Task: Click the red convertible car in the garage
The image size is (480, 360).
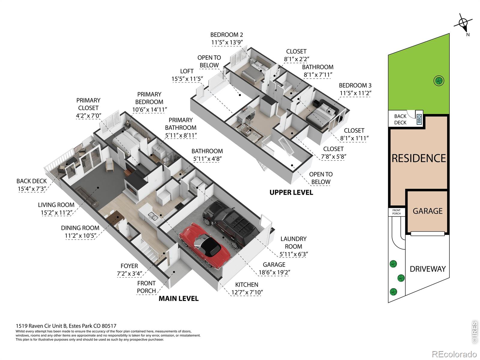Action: (205, 245)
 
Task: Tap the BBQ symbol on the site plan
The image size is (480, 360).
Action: (419, 119)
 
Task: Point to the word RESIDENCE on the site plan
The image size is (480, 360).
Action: (418, 158)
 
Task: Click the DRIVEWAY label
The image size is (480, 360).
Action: (427, 269)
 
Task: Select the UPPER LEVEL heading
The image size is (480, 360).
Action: (291, 193)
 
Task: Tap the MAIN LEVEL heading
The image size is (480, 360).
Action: (179, 298)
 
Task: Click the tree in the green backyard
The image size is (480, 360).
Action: (439, 81)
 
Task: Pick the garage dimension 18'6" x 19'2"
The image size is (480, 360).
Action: (274, 272)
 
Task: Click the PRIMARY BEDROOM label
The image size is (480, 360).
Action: (149, 98)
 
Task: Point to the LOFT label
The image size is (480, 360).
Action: (187, 71)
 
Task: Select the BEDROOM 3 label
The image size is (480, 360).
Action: (355, 85)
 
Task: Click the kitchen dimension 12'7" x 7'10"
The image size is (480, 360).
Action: (247, 292)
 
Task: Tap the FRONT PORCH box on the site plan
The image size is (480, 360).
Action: (397, 212)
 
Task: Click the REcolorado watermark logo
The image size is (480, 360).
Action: (454, 354)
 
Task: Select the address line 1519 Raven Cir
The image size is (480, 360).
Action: (66, 326)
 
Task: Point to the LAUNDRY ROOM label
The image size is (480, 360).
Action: (293, 243)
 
